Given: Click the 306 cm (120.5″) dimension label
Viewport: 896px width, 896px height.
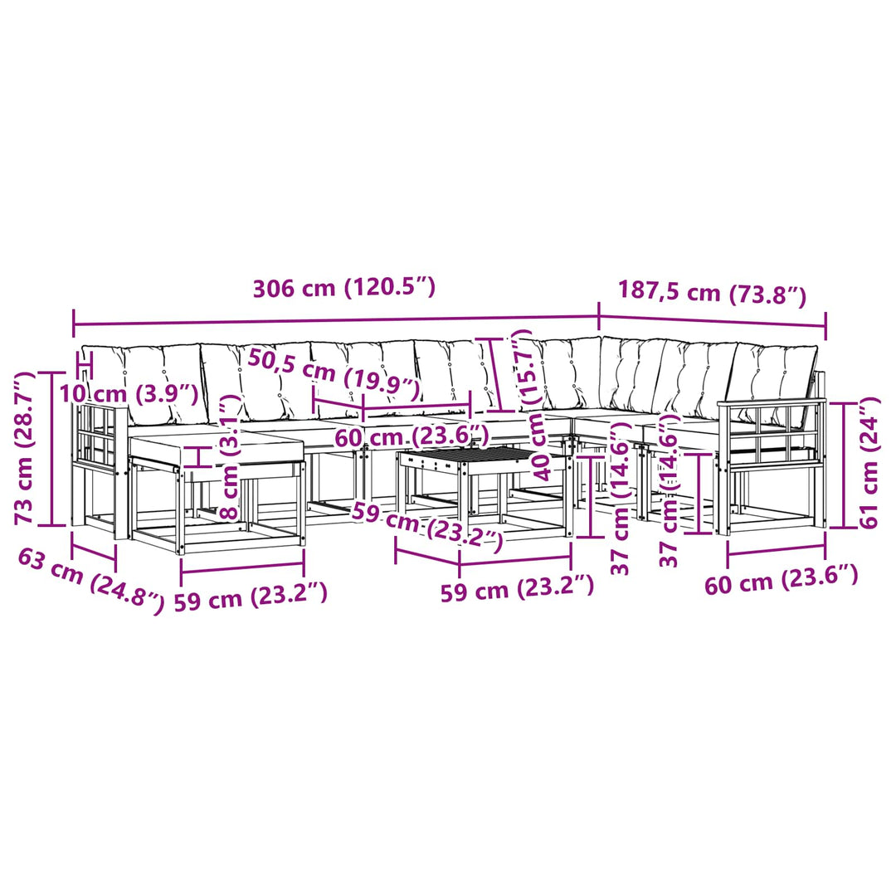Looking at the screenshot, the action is [x=344, y=287].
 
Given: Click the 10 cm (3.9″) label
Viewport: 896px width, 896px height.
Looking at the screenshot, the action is [x=129, y=393].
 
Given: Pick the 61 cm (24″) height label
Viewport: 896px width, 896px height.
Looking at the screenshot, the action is [x=869, y=464].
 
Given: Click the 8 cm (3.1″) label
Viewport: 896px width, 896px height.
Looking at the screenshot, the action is [x=229, y=456].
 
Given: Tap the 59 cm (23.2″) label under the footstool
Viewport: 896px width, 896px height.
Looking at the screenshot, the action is [x=251, y=597].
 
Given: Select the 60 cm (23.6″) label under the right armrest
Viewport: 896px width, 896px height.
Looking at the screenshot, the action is [x=782, y=580].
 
